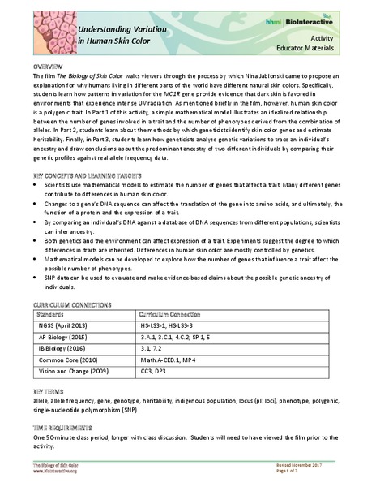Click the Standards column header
coord(53,312)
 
